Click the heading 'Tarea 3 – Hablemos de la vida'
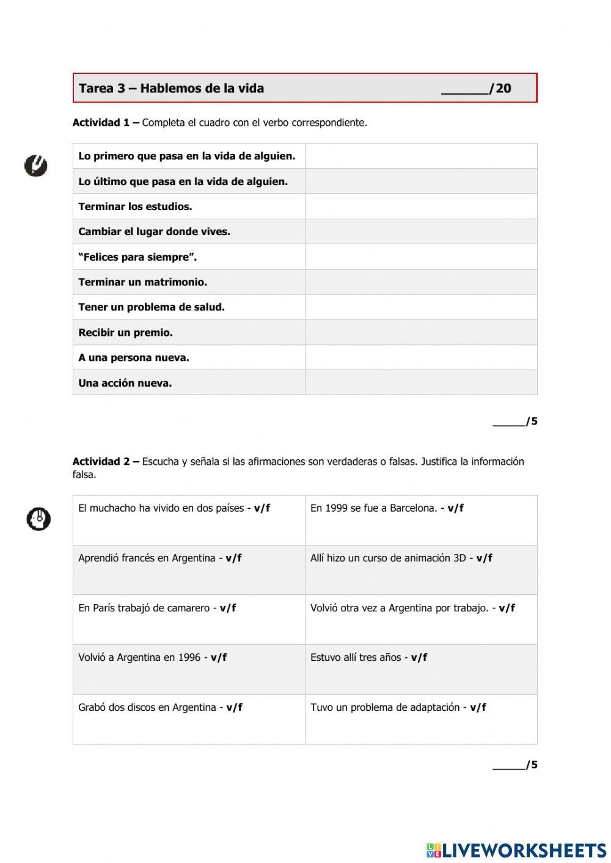click(172, 89)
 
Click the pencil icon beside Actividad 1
click(36, 166)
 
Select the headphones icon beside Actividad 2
click(38, 519)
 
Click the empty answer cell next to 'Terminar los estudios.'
click(421, 206)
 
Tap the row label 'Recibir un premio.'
click(126, 333)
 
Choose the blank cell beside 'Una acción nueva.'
click(421, 383)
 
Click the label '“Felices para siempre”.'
click(137, 257)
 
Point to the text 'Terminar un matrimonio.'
click(143, 282)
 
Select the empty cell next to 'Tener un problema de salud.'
click(421, 307)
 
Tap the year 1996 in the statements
click(189, 658)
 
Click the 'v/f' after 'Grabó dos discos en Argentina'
click(235, 708)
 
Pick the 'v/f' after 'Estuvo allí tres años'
click(419, 658)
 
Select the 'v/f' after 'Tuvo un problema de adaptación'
click(478, 708)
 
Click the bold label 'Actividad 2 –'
click(106, 462)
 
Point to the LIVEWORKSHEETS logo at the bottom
click(516, 850)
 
